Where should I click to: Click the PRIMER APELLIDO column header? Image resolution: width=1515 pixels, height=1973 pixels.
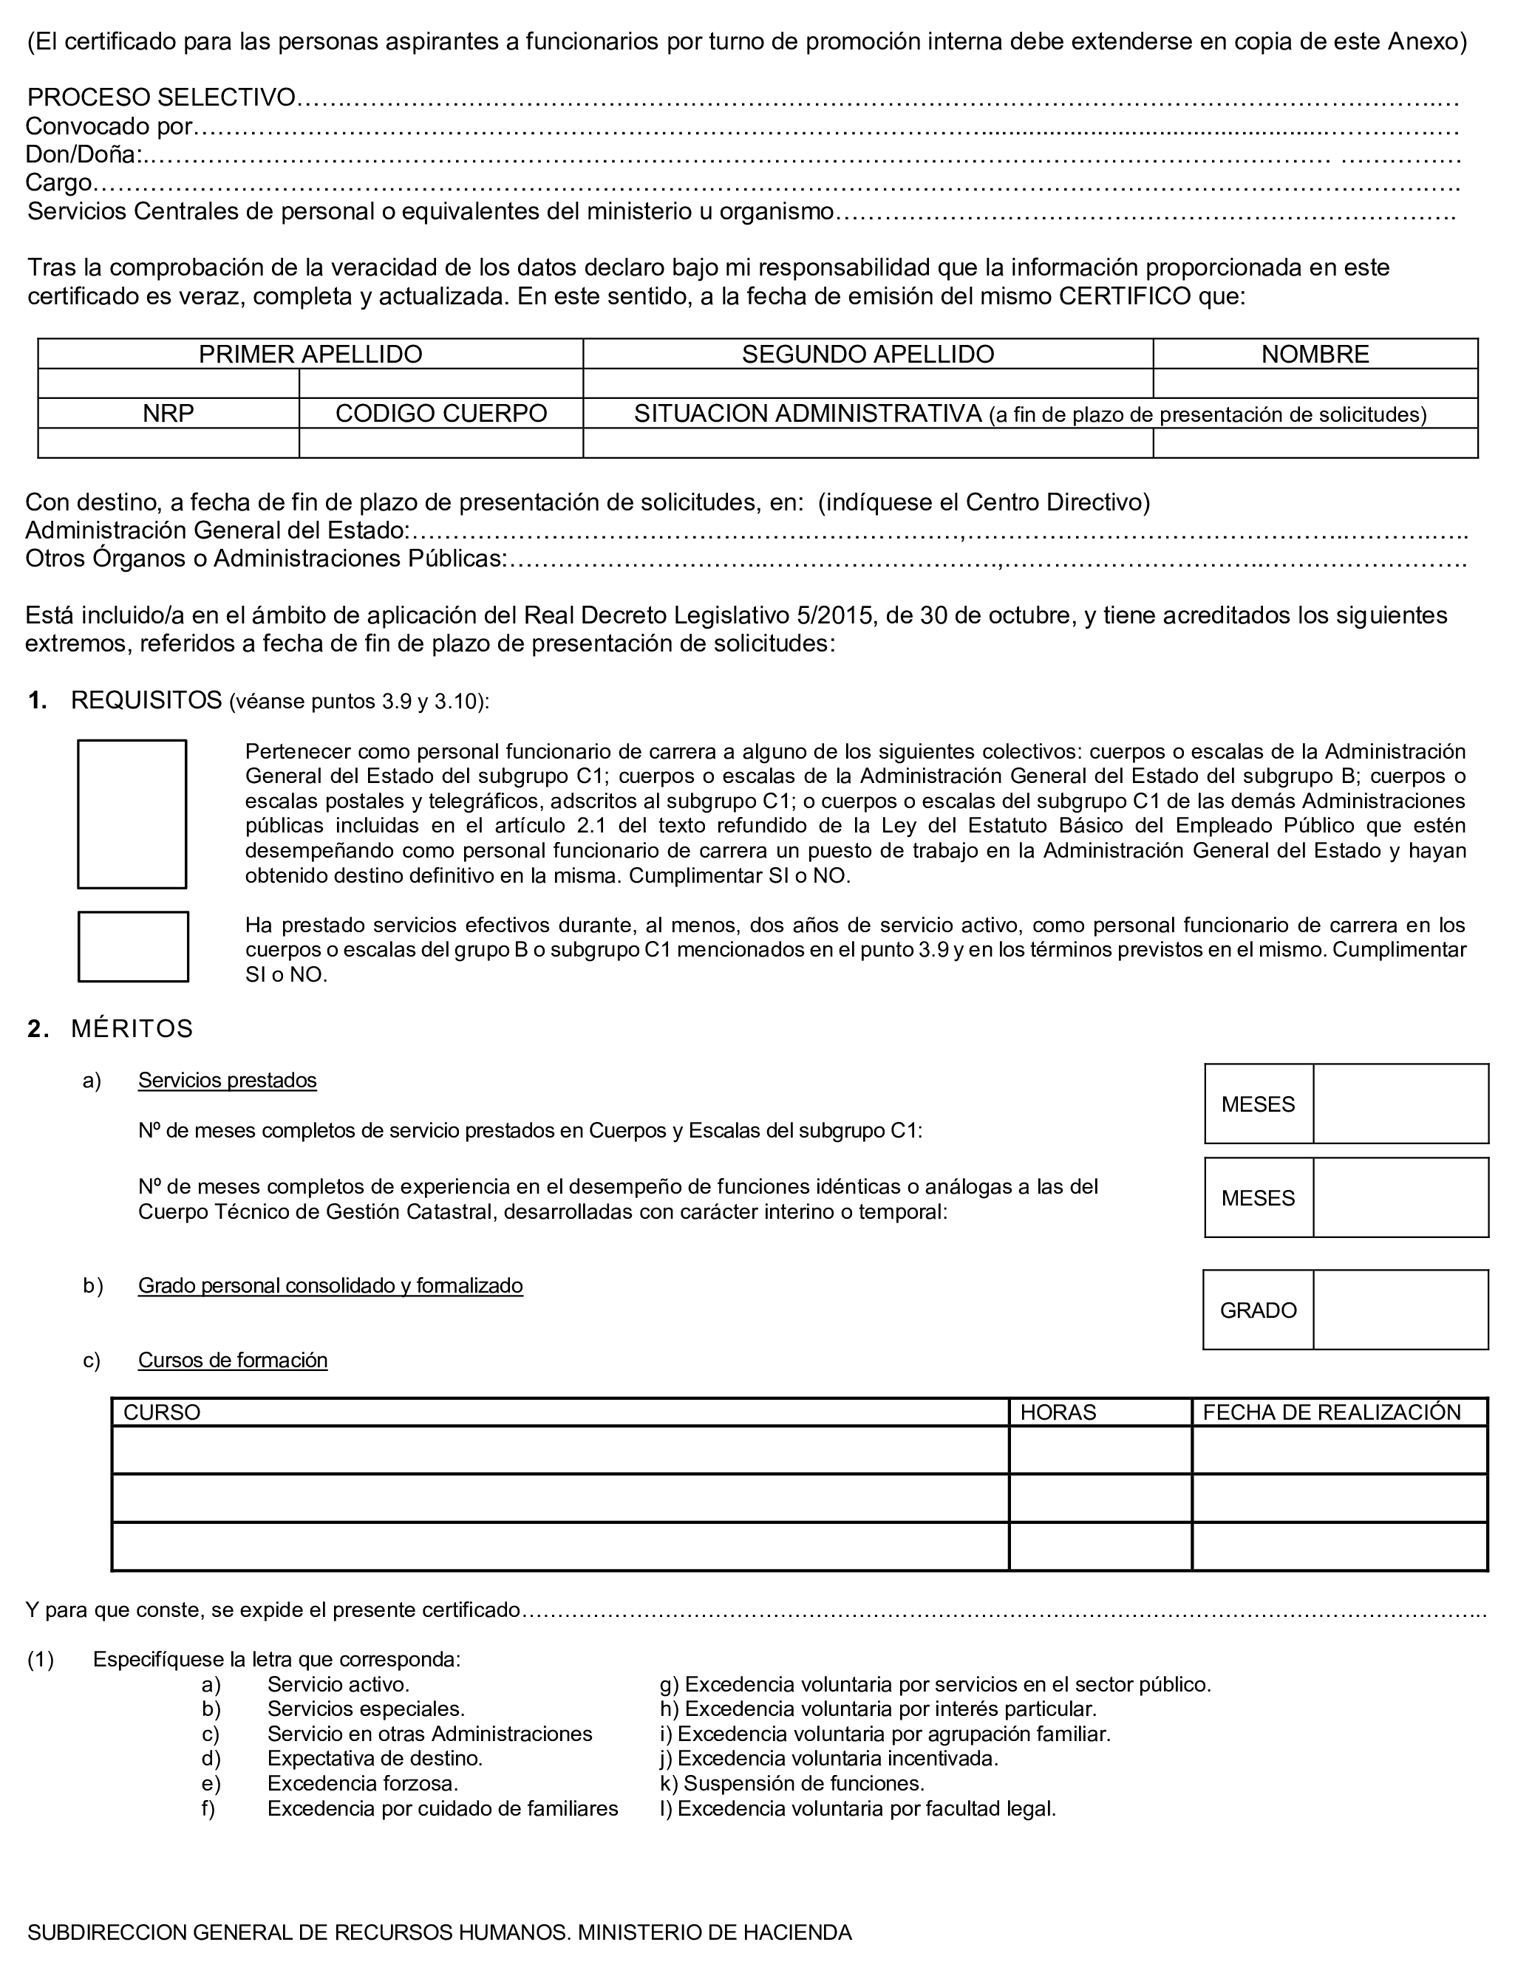click(310, 355)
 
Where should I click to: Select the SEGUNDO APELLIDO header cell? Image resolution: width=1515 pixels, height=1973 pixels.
click(868, 355)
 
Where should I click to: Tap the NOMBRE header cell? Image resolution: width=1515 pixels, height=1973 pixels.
click(1315, 355)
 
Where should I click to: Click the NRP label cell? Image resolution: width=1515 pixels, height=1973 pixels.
click(168, 414)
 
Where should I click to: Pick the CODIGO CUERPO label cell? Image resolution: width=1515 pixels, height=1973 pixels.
click(441, 414)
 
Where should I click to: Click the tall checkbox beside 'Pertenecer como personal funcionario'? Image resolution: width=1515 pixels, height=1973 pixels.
click(132, 814)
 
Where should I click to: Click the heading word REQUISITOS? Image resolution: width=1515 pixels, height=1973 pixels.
click(146, 700)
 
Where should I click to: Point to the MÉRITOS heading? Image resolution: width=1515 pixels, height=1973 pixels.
click(132, 1028)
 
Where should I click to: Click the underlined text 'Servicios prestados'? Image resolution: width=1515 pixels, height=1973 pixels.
click(228, 1080)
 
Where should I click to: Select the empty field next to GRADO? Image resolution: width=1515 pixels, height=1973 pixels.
click(1400, 1310)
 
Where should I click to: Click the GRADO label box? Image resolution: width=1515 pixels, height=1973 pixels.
click(1258, 1310)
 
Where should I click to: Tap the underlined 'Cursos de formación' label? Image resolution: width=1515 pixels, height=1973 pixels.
click(233, 1360)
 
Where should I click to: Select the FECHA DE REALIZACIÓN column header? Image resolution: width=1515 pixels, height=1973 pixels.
click(1331, 1412)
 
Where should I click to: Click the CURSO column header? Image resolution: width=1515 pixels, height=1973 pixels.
click(163, 1412)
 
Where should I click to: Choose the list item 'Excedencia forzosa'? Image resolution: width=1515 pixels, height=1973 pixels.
click(363, 1783)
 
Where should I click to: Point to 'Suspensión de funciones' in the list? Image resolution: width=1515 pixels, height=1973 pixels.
click(803, 1783)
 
